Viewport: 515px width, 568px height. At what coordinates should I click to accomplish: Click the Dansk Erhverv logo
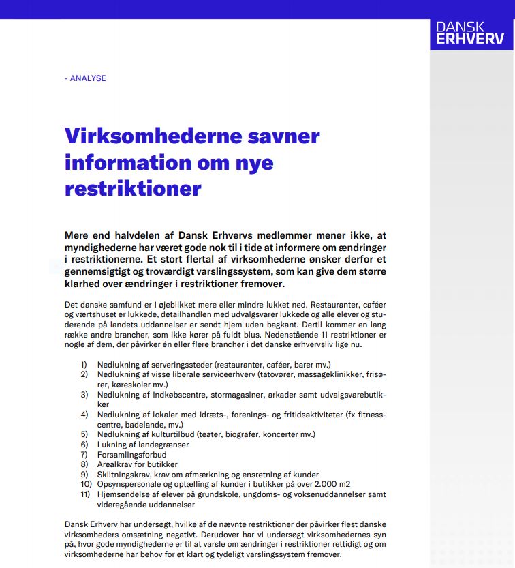click(471, 32)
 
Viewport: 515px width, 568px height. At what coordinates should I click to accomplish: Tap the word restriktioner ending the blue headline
click(133, 188)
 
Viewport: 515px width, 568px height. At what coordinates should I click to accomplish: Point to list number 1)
click(84, 365)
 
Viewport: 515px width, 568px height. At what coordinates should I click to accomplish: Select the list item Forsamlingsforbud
click(131, 454)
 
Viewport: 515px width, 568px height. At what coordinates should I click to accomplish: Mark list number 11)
click(84, 495)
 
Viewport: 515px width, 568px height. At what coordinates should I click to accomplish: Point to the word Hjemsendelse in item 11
click(123, 495)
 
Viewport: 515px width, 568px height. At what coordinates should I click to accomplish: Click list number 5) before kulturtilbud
click(84, 434)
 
